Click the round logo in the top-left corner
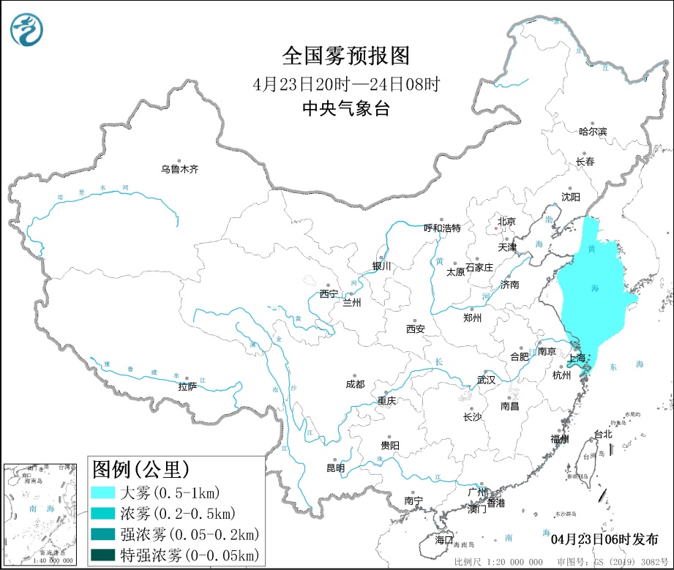click(27, 29)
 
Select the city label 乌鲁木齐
click(179, 169)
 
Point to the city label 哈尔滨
click(593, 132)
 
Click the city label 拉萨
click(187, 386)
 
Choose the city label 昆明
click(335, 468)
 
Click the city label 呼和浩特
click(443, 228)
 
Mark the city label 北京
click(506, 221)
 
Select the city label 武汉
click(486, 380)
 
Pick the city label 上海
click(577, 359)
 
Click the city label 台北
click(602, 434)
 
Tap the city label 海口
click(444, 539)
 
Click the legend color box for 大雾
click(103, 492)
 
